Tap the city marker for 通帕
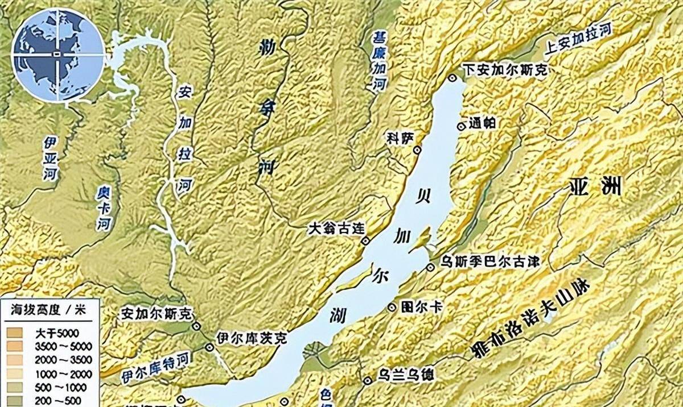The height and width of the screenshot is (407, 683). [461, 126]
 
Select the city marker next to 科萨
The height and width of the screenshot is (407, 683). [418, 149]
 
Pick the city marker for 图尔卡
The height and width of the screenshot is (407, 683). [392, 308]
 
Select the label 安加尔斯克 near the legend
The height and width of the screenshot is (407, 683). [157, 313]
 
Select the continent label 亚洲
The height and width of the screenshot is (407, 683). [595, 187]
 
